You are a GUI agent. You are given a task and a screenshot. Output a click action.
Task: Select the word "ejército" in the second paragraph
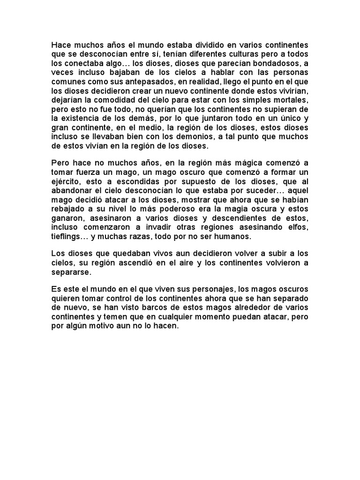[67, 182]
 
